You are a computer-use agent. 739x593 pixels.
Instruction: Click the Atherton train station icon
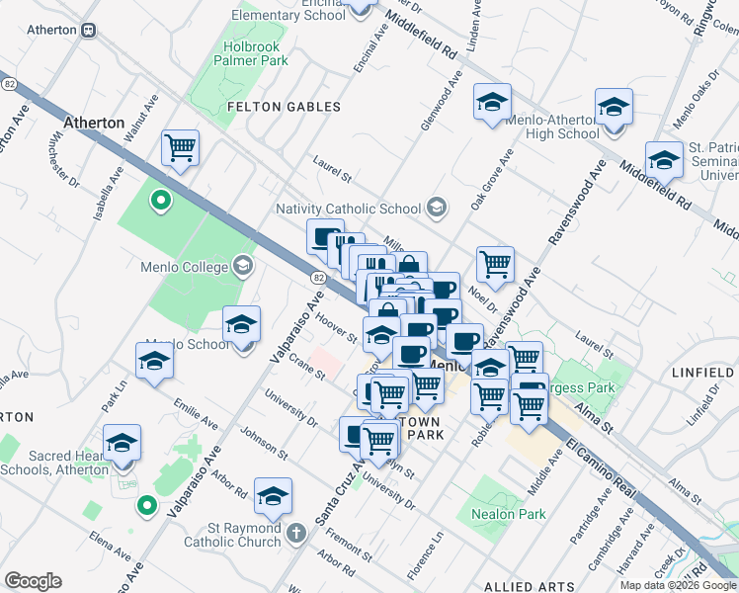(89, 30)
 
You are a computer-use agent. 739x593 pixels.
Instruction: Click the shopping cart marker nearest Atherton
(180, 149)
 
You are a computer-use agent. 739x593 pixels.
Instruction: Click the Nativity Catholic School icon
(437, 209)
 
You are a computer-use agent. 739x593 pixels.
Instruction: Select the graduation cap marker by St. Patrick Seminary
(664, 159)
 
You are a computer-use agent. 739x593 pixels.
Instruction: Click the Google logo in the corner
(33, 581)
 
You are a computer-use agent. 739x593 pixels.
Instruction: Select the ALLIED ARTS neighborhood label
(523, 587)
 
